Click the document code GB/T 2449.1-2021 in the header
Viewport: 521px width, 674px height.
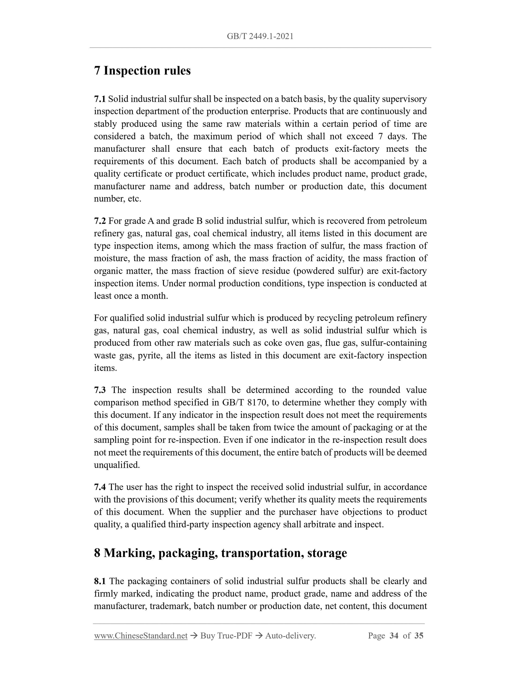pyautogui.click(x=260, y=36)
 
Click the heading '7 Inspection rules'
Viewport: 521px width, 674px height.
pyautogui.click(x=142, y=71)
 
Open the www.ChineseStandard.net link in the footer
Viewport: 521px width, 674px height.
pyautogui.click(x=141, y=636)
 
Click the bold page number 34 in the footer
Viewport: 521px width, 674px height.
pyautogui.click(x=394, y=636)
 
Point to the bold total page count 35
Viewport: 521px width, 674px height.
pyautogui.click(x=419, y=636)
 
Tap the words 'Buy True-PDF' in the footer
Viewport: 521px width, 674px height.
pyautogui.click(x=226, y=636)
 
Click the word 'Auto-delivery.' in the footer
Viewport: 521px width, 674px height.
pyautogui.click(x=290, y=636)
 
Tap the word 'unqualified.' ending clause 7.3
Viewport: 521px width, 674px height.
pyautogui.click(x=117, y=465)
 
